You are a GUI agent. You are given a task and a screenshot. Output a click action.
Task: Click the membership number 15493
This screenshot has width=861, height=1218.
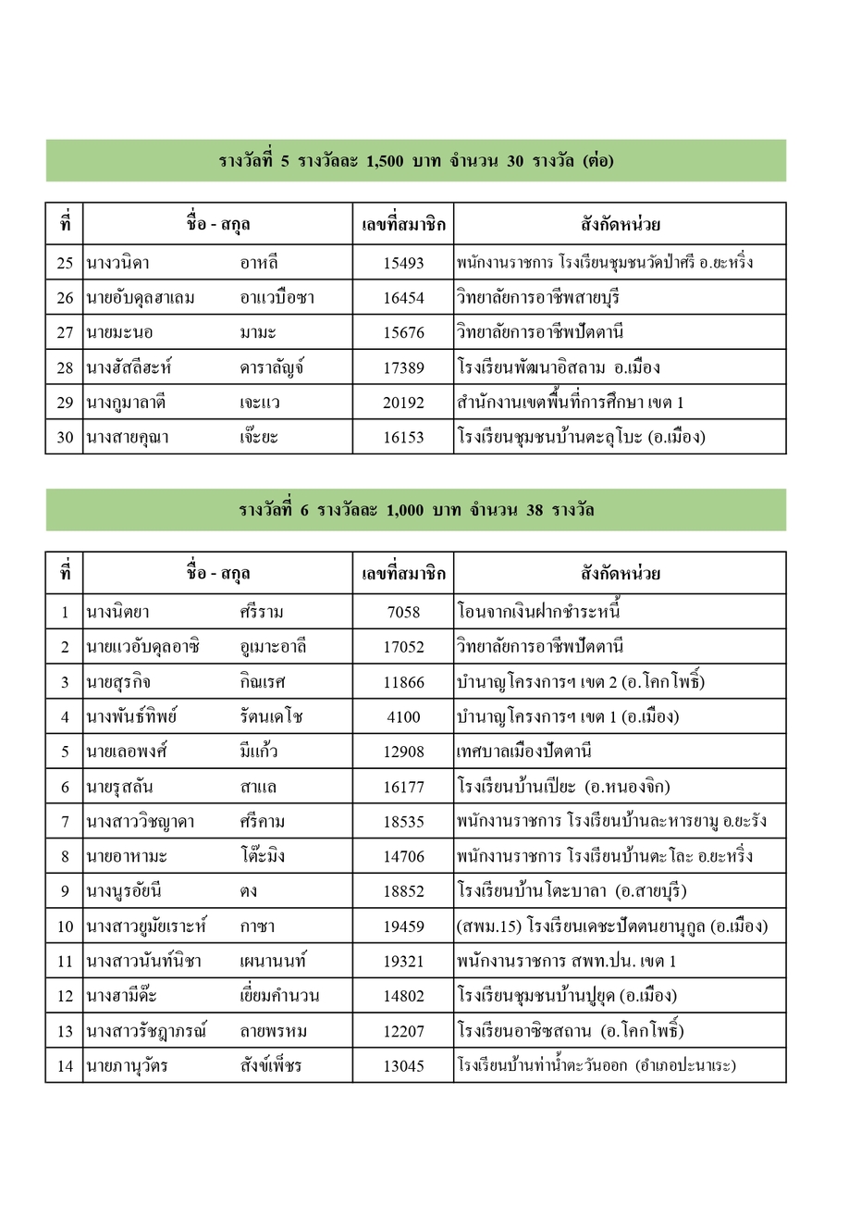[x=403, y=263]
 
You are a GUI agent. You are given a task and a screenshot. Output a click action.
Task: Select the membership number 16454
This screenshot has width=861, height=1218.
[x=403, y=298]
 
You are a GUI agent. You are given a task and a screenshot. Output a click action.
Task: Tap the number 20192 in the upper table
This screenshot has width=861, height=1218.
[x=403, y=403]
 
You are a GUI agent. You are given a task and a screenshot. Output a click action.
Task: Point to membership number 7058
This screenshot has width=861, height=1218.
[x=403, y=612]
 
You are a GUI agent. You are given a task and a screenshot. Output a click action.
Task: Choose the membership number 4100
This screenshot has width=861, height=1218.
[x=403, y=717]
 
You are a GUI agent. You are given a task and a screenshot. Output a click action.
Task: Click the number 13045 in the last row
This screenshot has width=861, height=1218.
[x=403, y=1066]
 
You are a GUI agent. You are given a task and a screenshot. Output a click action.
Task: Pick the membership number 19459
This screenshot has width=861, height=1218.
[x=403, y=926]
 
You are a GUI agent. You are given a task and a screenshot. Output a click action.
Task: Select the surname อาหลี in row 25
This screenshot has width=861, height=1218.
[x=259, y=263]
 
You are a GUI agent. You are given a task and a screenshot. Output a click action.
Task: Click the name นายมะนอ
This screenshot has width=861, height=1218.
[x=119, y=332]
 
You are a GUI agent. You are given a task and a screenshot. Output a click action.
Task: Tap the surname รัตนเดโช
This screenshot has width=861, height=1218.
[x=271, y=717]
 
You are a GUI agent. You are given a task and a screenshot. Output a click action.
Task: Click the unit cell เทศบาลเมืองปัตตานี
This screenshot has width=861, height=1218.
[x=523, y=752]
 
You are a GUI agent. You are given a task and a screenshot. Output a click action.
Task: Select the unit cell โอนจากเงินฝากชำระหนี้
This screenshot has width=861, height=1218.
[x=538, y=612]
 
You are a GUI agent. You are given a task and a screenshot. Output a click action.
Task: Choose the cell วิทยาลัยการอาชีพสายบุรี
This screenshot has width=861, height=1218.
[x=537, y=298]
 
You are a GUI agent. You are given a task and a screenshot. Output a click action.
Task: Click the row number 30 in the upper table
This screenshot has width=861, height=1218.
[x=65, y=438]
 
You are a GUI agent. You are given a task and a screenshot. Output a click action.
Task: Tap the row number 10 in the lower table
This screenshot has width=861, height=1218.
[x=65, y=926]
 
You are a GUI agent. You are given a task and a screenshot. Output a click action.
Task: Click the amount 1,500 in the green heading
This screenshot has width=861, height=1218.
[x=385, y=161]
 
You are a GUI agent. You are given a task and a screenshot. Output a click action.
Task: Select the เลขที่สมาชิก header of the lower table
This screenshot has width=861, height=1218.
[x=403, y=574]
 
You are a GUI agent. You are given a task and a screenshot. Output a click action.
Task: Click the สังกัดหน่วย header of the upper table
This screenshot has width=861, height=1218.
[x=620, y=224]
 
